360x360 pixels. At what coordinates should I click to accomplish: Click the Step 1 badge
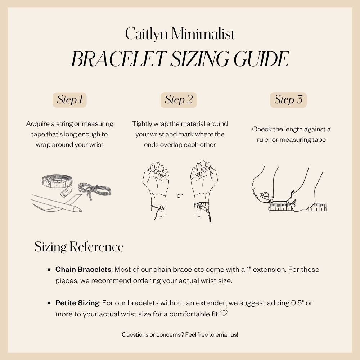(69, 100)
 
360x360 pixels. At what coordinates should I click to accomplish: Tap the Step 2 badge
(179, 100)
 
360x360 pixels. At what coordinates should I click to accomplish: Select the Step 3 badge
(288, 100)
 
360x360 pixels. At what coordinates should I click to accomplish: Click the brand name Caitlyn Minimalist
(180, 34)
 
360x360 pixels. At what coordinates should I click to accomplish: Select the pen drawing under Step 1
(58, 203)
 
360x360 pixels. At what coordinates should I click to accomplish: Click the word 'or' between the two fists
(180, 196)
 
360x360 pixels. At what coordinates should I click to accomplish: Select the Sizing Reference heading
(79, 247)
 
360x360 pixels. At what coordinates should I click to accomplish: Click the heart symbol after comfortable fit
(224, 314)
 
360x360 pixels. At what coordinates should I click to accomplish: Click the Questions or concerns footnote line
(180, 334)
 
